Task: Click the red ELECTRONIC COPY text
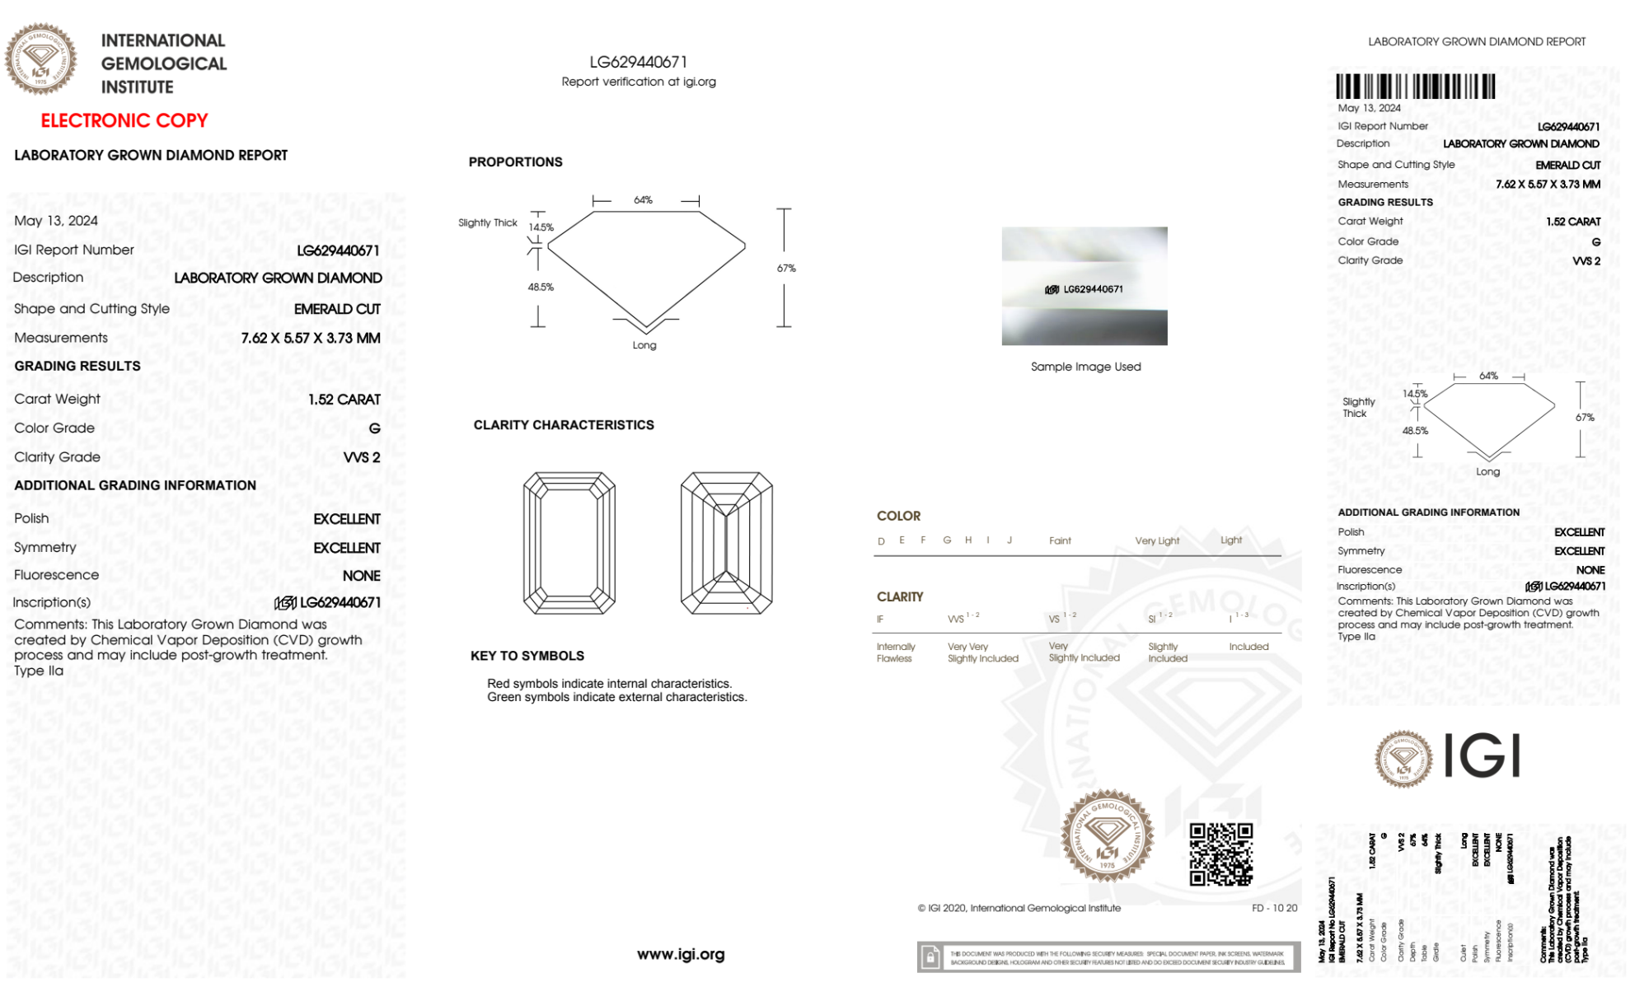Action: pos(124,121)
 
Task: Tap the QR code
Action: pos(1221,854)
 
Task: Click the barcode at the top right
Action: pos(1415,87)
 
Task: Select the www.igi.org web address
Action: pos(681,954)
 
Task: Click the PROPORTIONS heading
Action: pos(515,162)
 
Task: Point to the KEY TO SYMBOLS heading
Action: pos(527,656)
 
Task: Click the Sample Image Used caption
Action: pos(1085,367)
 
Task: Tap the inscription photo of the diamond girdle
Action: pos(1084,286)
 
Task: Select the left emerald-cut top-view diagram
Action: pos(569,543)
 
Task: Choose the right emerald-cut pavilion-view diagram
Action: pos(726,543)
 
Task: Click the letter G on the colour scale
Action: pos(947,540)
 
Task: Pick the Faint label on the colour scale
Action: pos(1060,541)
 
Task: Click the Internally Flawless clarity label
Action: pos(895,653)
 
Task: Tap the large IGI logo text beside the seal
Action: pos(1483,756)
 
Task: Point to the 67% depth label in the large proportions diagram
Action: pos(786,269)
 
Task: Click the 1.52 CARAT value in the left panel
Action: pos(344,400)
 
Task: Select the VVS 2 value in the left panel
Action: pos(362,457)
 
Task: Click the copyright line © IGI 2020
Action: pos(1019,908)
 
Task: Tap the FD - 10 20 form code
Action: pos(1274,908)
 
